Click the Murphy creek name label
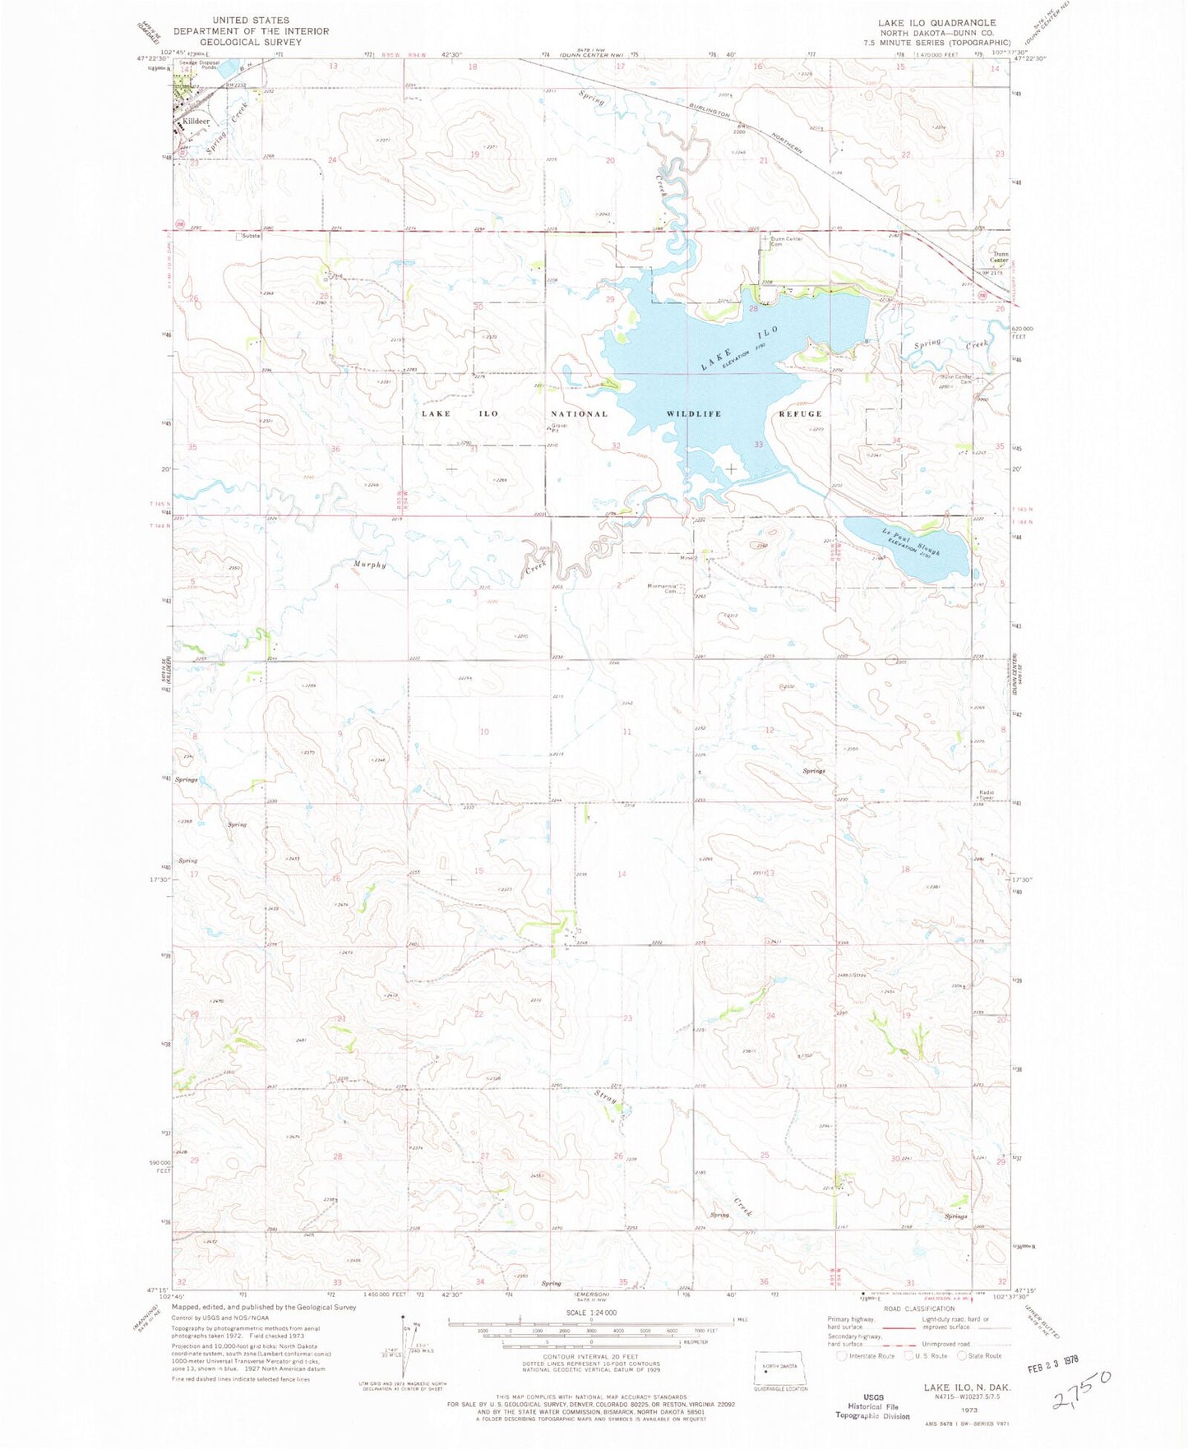(370, 565)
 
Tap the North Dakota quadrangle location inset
(781, 1368)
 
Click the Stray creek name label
(607, 1098)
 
